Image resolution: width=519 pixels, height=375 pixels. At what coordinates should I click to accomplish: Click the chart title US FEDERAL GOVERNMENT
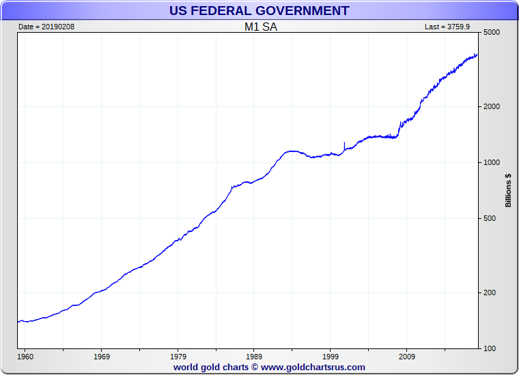259,11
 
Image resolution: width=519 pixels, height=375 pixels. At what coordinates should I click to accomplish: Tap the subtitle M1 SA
261,27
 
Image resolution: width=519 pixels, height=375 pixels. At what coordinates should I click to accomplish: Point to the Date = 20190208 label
43,27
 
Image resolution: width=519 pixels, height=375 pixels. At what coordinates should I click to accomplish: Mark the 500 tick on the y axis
489,219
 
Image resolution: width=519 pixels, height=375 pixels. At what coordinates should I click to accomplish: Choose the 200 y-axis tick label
489,293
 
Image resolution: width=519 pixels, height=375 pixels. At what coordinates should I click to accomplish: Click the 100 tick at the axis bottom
489,349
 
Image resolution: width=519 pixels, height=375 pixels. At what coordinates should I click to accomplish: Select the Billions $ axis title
508,190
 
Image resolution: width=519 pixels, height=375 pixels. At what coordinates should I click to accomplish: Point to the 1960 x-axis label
25,357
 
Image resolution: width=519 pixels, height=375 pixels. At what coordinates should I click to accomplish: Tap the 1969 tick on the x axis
101,357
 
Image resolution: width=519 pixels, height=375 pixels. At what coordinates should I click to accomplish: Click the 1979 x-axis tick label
178,357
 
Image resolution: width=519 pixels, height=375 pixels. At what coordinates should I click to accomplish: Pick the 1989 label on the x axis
254,357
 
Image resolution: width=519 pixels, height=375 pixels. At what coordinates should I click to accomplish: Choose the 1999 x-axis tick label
331,357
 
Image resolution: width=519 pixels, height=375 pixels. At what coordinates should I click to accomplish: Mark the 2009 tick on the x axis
407,357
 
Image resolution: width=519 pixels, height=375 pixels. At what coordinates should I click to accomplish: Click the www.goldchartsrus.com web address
313,367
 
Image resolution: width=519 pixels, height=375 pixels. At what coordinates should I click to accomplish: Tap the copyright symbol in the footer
254,367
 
